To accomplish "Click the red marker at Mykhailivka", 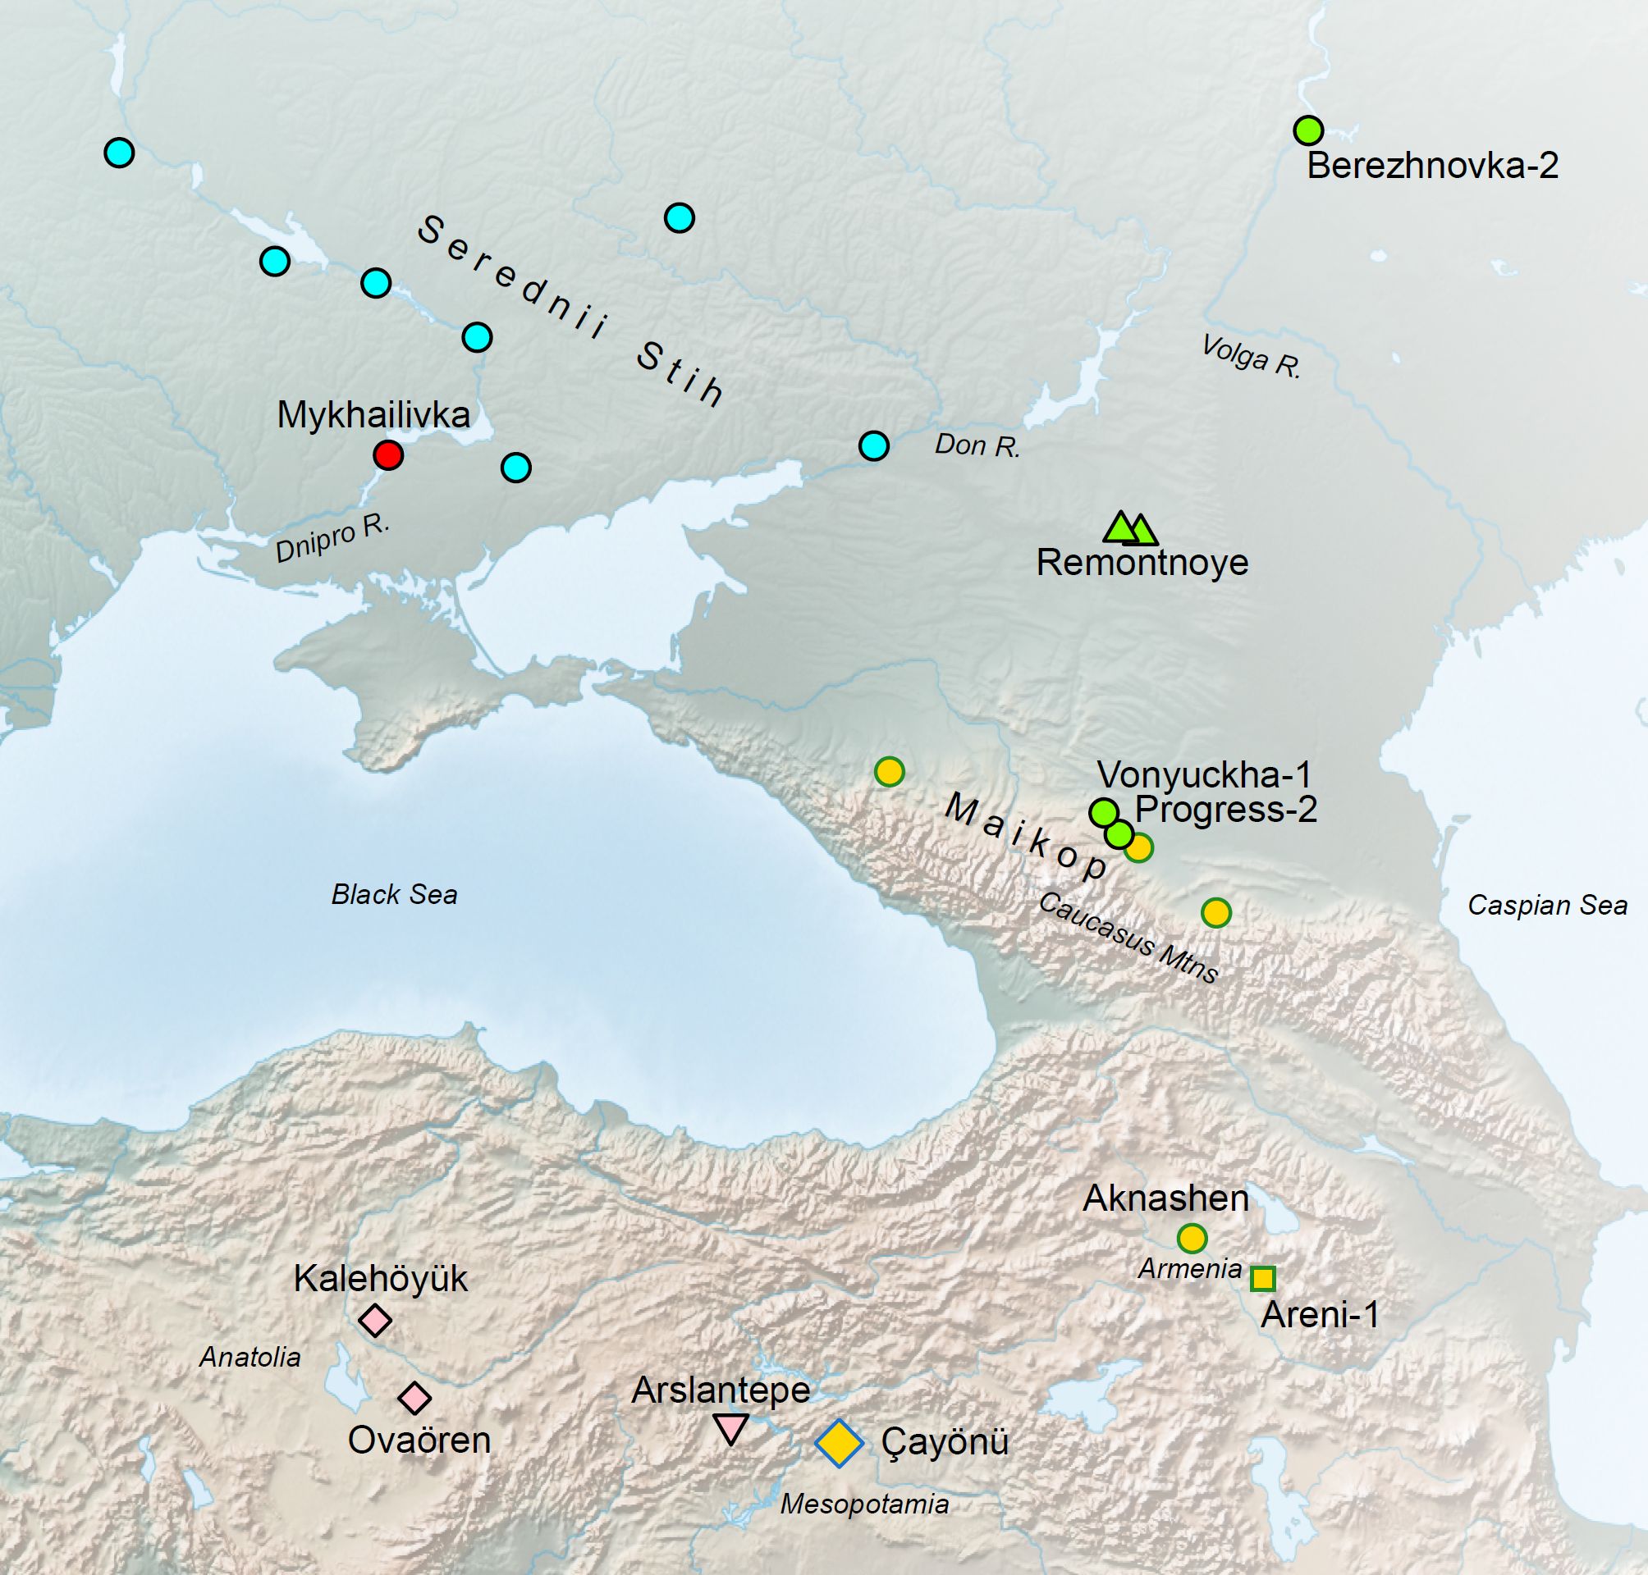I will tap(388, 455).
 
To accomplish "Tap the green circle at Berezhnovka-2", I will tap(1308, 130).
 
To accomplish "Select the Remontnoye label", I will tap(1142, 563).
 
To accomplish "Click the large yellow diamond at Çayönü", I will tap(839, 1442).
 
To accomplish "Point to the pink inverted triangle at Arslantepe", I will tap(730, 1427).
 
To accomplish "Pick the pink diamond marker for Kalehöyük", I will tap(375, 1320).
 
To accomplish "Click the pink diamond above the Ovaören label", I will tap(414, 1398).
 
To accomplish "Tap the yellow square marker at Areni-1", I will tap(1262, 1279).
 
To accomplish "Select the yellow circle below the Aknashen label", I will tap(1192, 1238).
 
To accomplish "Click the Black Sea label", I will tap(394, 895).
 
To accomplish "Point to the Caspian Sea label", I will tap(1546, 906).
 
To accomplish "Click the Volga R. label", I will tap(1250, 357).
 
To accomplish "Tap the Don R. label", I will tap(977, 445).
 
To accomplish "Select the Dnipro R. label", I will tap(332, 538).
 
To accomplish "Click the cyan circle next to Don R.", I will tap(874, 445).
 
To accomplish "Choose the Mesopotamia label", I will tap(864, 1504).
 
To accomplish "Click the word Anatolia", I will tap(249, 1357).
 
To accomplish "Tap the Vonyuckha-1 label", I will tap(1204, 775).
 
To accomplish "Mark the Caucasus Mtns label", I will tap(1127, 938).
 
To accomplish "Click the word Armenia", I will tap(1189, 1268).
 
